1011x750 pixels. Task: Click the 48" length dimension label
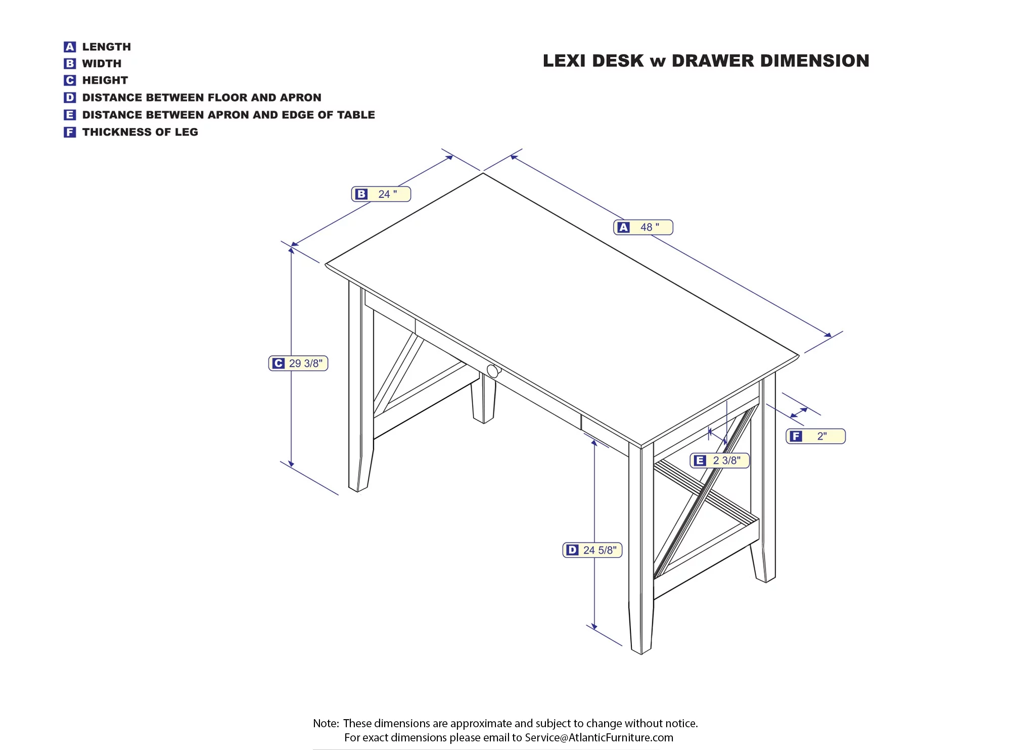(643, 227)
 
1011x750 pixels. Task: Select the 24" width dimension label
(381, 194)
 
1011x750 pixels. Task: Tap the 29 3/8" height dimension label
(298, 363)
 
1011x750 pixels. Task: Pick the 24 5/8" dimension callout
(592, 550)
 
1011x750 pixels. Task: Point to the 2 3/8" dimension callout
(720, 460)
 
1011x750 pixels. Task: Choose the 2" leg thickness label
(815, 436)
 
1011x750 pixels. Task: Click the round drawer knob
(493, 370)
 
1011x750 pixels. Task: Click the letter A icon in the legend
(70, 47)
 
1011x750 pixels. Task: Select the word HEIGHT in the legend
(105, 80)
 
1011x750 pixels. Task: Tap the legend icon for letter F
(70, 132)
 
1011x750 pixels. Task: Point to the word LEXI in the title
(565, 61)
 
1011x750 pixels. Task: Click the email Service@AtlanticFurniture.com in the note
(599, 737)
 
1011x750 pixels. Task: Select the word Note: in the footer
(326, 723)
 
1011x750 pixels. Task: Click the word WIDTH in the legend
(102, 64)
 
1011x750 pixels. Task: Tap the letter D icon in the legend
(70, 98)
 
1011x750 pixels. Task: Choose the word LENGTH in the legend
(107, 47)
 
